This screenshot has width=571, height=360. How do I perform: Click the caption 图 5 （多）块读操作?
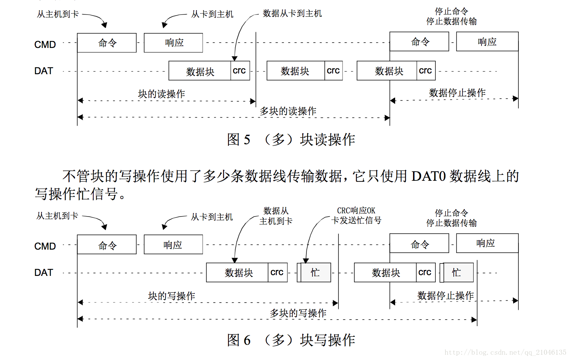(x=291, y=140)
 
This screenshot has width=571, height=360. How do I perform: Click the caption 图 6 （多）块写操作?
(x=291, y=340)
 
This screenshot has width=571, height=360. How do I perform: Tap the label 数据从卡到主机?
(x=292, y=14)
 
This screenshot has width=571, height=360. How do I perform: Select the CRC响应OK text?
(x=356, y=210)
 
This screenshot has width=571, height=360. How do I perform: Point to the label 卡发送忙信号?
(x=356, y=220)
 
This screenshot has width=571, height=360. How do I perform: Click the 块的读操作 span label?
(x=161, y=94)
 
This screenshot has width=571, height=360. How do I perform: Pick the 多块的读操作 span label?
(x=288, y=111)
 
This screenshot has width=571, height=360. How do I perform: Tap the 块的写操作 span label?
(x=171, y=296)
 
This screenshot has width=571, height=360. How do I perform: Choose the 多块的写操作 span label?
(x=298, y=313)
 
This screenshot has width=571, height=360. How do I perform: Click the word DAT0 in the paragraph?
(x=428, y=176)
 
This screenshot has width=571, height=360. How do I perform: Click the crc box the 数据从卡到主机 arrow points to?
(x=239, y=71)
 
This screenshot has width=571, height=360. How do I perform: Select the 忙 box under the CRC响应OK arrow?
(x=315, y=272)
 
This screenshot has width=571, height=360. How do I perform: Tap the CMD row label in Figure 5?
(x=45, y=45)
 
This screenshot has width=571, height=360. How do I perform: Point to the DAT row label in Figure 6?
(x=43, y=272)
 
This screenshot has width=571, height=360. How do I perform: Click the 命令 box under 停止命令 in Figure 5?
(x=419, y=42)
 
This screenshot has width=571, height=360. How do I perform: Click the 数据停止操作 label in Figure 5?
(x=457, y=93)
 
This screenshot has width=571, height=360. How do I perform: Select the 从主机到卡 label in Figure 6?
(x=57, y=216)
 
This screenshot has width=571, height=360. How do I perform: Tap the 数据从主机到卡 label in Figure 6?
(x=276, y=216)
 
